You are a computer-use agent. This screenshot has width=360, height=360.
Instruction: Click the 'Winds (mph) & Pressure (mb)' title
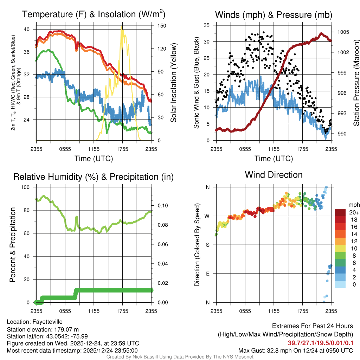pos(274,15)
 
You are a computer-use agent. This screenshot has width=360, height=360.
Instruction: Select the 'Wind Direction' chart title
pos(274,175)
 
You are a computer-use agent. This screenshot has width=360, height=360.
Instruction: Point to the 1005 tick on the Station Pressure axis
pos(342,32)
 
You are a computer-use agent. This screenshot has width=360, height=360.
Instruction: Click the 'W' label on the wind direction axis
pos(207,216)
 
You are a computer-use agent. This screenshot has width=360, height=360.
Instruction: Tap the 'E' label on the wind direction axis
pos(208,274)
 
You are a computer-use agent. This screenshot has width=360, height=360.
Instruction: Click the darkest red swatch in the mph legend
pos(340,212)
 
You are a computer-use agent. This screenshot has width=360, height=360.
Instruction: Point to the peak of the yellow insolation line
pos(122,26)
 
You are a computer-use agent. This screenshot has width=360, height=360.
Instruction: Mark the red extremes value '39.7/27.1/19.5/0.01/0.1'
pos(321,343)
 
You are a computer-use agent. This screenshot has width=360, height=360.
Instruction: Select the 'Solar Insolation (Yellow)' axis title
pos(173,83)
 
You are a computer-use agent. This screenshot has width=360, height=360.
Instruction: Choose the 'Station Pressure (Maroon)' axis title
pos(356,83)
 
